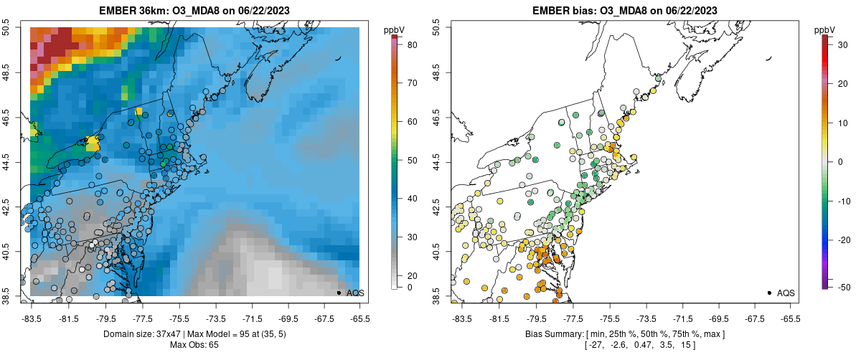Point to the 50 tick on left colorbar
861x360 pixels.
tap(413, 161)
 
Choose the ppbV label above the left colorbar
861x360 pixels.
tap(395, 29)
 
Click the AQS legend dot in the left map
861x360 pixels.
tap(339, 293)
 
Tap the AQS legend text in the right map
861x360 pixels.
tap(786, 293)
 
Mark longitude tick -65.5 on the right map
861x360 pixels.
tap(790, 318)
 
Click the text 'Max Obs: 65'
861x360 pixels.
tap(194, 345)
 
